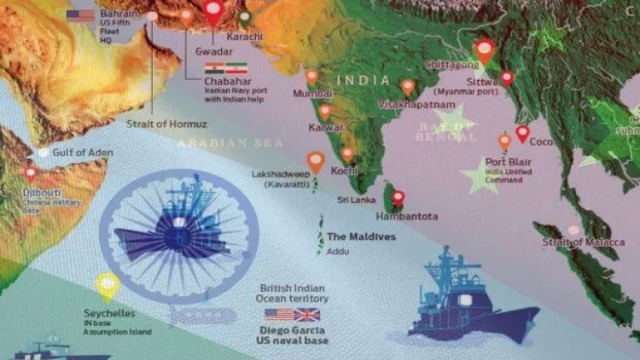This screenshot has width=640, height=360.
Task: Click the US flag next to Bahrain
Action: click(81, 16)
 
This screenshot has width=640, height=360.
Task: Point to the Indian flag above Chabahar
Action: click(214, 67)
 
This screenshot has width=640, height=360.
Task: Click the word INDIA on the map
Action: click(364, 79)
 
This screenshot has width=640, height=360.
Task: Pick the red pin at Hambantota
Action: click(398, 199)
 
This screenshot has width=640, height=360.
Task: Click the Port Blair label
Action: click(507, 161)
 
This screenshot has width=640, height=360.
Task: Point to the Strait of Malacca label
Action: click(578, 243)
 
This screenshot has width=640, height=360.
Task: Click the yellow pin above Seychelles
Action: click(107, 285)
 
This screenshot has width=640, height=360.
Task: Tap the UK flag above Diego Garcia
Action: click(306, 315)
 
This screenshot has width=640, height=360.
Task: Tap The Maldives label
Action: click(361, 236)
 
